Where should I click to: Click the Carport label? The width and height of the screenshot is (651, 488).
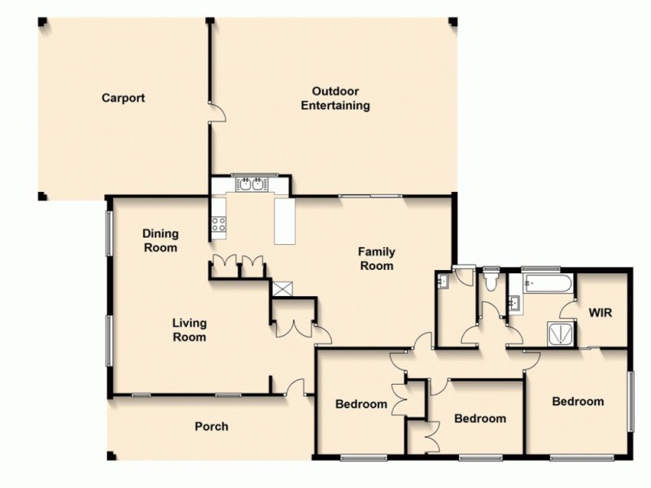pos(123,98)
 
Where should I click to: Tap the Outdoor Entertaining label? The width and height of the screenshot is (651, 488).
pos(335,98)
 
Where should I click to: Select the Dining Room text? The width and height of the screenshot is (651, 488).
pos(160,241)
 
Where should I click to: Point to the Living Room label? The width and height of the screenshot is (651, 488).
pos(189,329)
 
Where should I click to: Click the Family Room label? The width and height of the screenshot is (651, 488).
pos(376,259)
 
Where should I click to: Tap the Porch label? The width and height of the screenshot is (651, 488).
pos(211,426)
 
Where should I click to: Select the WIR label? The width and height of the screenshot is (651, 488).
pos(600,312)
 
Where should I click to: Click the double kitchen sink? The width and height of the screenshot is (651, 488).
pos(250,185)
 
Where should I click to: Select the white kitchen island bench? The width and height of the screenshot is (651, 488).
pos(285,220)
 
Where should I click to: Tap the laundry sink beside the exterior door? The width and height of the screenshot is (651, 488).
pos(443,281)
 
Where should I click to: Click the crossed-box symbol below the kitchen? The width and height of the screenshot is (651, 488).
pos(284,287)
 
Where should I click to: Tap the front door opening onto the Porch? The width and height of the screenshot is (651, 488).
pos(295,388)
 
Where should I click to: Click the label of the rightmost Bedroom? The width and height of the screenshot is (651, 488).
pos(578,401)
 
